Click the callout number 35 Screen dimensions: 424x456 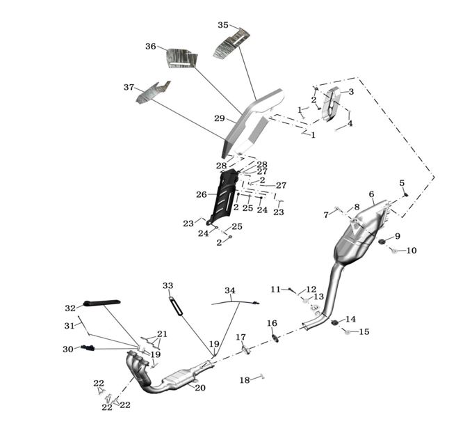coord(222,25)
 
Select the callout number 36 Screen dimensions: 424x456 coord(151,47)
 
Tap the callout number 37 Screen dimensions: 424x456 coord(129,88)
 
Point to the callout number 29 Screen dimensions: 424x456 coord(220,119)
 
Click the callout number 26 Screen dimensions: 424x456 coord(202,194)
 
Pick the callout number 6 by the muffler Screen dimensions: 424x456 coord(371,194)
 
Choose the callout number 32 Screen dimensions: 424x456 coord(70,308)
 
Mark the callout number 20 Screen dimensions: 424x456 coord(200,388)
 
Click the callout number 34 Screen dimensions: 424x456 coord(229,290)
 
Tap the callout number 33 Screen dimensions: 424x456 coord(168,285)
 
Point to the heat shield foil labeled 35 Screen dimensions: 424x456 coord(231,44)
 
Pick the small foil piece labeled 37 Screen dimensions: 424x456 coord(153,92)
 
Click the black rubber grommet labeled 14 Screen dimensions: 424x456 coord(335,322)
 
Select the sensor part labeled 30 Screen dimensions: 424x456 coord(87,348)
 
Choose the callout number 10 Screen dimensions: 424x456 coord(412,251)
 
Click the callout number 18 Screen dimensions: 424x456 coord(244,380)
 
